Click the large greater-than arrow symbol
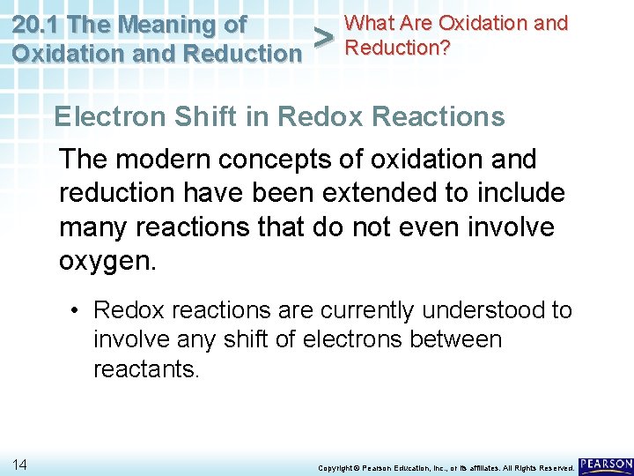click(323, 38)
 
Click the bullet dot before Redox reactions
click(78, 311)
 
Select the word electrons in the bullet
click(351, 339)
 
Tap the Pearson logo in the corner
click(606, 464)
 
